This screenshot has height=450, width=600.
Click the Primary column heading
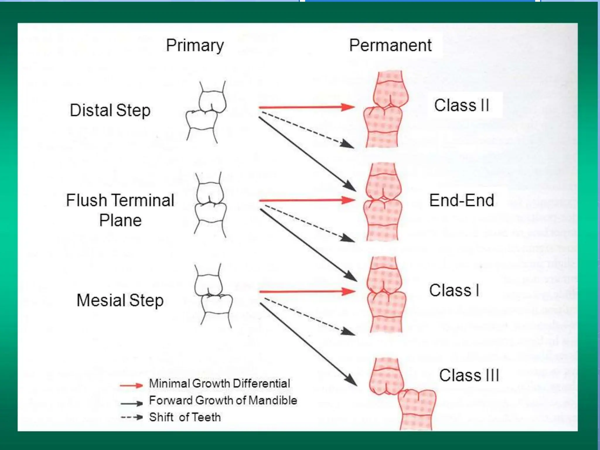click(x=195, y=46)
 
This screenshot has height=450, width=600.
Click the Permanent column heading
click(x=390, y=45)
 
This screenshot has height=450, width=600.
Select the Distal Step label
click(x=110, y=110)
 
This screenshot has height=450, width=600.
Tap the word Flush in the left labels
click(x=86, y=200)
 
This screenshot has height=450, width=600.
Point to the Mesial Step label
click(x=120, y=300)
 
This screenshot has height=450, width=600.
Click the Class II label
click(x=461, y=105)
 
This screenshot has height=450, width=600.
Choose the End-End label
click(x=461, y=200)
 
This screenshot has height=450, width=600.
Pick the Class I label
click(x=454, y=290)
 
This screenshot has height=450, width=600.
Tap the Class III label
click(x=469, y=375)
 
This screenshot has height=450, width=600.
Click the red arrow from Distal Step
click(x=306, y=107)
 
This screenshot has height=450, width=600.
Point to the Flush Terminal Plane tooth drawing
click(x=210, y=204)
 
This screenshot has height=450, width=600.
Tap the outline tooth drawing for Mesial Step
click(x=213, y=296)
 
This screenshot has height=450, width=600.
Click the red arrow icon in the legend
click(x=131, y=385)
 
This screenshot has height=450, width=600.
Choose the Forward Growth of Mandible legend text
click(x=223, y=400)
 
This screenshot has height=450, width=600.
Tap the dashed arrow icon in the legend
click(x=132, y=417)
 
